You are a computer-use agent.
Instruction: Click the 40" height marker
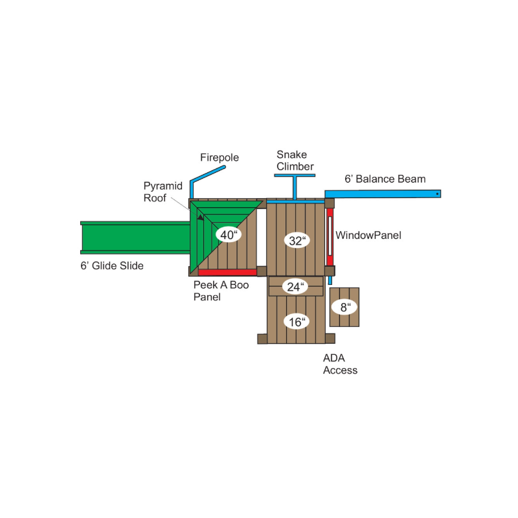click(229, 235)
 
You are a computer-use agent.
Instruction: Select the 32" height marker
click(297, 241)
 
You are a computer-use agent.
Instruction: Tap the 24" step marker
click(295, 287)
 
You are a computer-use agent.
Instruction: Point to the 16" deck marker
click(297, 322)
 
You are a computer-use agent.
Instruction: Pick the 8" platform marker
click(344, 307)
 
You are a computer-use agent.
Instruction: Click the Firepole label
click(220, 157)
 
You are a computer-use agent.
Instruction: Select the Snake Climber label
click(295, 161)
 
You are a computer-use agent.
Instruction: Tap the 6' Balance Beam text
click(385, 179)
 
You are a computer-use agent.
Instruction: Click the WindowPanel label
click(368, 235)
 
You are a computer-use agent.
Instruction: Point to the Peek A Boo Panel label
click(221, 291)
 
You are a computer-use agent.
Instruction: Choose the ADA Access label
click(340, 364)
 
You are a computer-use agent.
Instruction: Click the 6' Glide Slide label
click(112, 265)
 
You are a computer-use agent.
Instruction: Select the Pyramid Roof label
click(163, 192)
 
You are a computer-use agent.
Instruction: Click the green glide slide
click(135, 238)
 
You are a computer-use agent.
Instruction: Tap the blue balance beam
click(383, 194)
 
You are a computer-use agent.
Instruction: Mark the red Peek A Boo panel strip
click(227, 272)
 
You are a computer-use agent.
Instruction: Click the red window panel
click(330, 236)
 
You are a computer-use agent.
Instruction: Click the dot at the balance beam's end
click(438, 194)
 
